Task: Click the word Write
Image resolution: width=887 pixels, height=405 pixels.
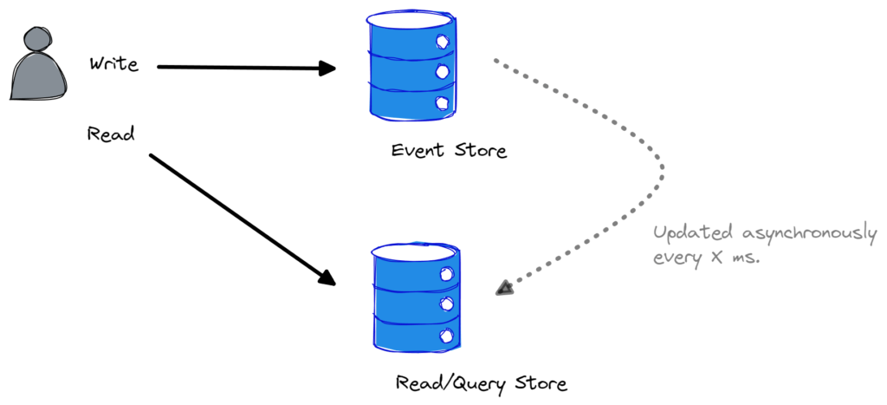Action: [113, 63]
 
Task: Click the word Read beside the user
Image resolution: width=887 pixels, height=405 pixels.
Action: [111, 134]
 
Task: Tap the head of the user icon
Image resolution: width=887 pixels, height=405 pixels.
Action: [38, 40]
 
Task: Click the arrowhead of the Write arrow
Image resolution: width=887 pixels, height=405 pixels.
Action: [327, 69]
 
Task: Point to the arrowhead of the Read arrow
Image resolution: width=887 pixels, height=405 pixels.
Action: [327, 277]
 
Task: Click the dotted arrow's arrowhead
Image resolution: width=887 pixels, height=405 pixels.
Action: [505, 288]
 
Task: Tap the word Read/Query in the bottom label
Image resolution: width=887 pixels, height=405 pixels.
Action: [450, 384]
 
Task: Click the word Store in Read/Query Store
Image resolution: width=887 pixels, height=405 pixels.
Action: [541, 383]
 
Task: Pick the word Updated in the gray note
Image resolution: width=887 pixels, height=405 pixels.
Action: [694, 233]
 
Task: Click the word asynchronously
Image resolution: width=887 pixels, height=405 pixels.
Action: [810, 234]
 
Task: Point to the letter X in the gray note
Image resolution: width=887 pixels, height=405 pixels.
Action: [716, 258]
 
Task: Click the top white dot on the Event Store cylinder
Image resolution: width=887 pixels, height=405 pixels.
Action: [443, 42]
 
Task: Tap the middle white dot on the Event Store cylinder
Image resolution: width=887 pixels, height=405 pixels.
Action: [443, 72]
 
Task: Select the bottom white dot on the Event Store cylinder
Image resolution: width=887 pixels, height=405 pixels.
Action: [443, 102]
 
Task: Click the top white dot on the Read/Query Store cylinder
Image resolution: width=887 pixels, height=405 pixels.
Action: [447, 274]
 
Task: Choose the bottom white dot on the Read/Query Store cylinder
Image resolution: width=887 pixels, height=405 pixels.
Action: [447, 336]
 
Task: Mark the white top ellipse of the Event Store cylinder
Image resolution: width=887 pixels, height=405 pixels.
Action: [411, 20]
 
